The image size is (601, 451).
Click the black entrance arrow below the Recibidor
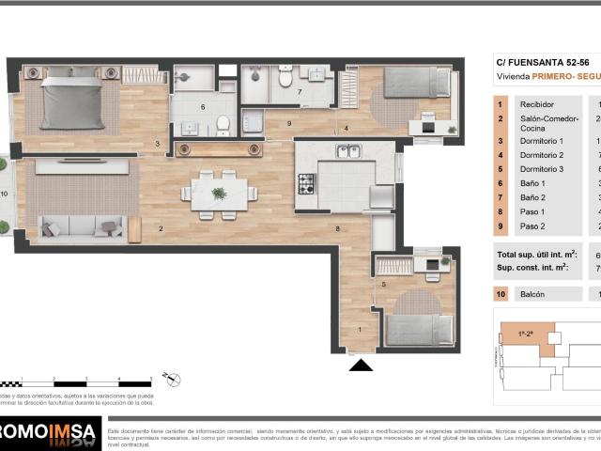coord(361,365)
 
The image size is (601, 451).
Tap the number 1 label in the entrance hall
coord(359,330)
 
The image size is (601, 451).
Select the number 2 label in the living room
coord(161,228)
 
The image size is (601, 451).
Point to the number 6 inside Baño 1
coord(203,107)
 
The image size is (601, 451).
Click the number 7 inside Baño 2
coord(300,92)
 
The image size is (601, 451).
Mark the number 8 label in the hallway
coord(337,228)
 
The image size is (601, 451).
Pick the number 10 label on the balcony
coord(5,194)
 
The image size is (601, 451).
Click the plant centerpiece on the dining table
coord(219,194)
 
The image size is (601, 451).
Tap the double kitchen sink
coord(348,150)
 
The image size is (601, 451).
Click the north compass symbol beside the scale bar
coord(171,380)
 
